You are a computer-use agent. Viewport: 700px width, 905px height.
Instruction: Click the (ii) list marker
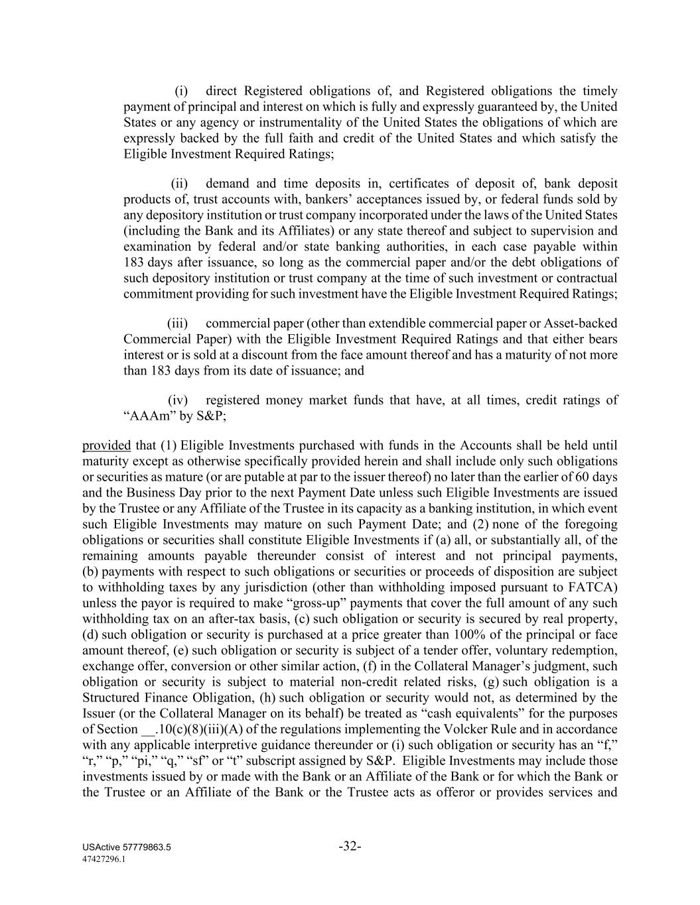pos(180,184)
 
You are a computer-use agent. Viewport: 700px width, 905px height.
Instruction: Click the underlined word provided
pos(106,445)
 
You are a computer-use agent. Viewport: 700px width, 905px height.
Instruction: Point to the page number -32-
pos(350,846)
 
